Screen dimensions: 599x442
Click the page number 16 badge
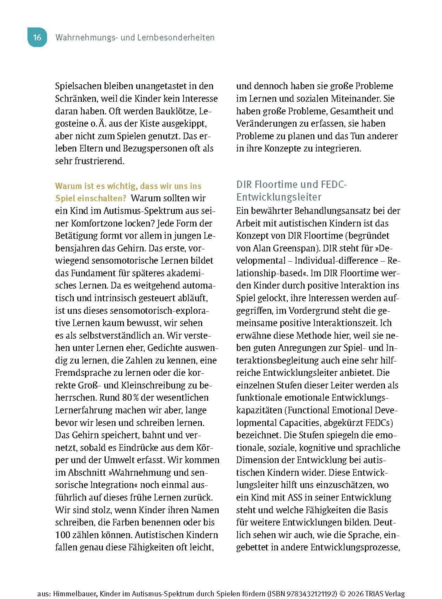point(37,37)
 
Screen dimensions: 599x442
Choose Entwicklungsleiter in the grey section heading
point(279,197)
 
